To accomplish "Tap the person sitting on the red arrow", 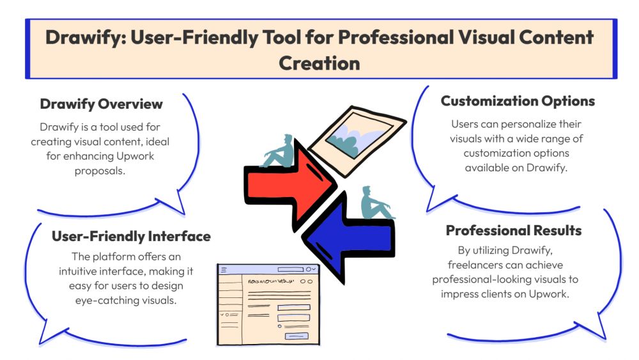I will point(282,150).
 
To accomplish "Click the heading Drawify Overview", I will point(101,104).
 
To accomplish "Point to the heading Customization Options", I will point(518,101).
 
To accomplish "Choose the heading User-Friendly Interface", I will point(131,237).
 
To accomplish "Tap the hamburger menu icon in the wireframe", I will point(224,270).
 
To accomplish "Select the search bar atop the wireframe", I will point(290,270).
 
